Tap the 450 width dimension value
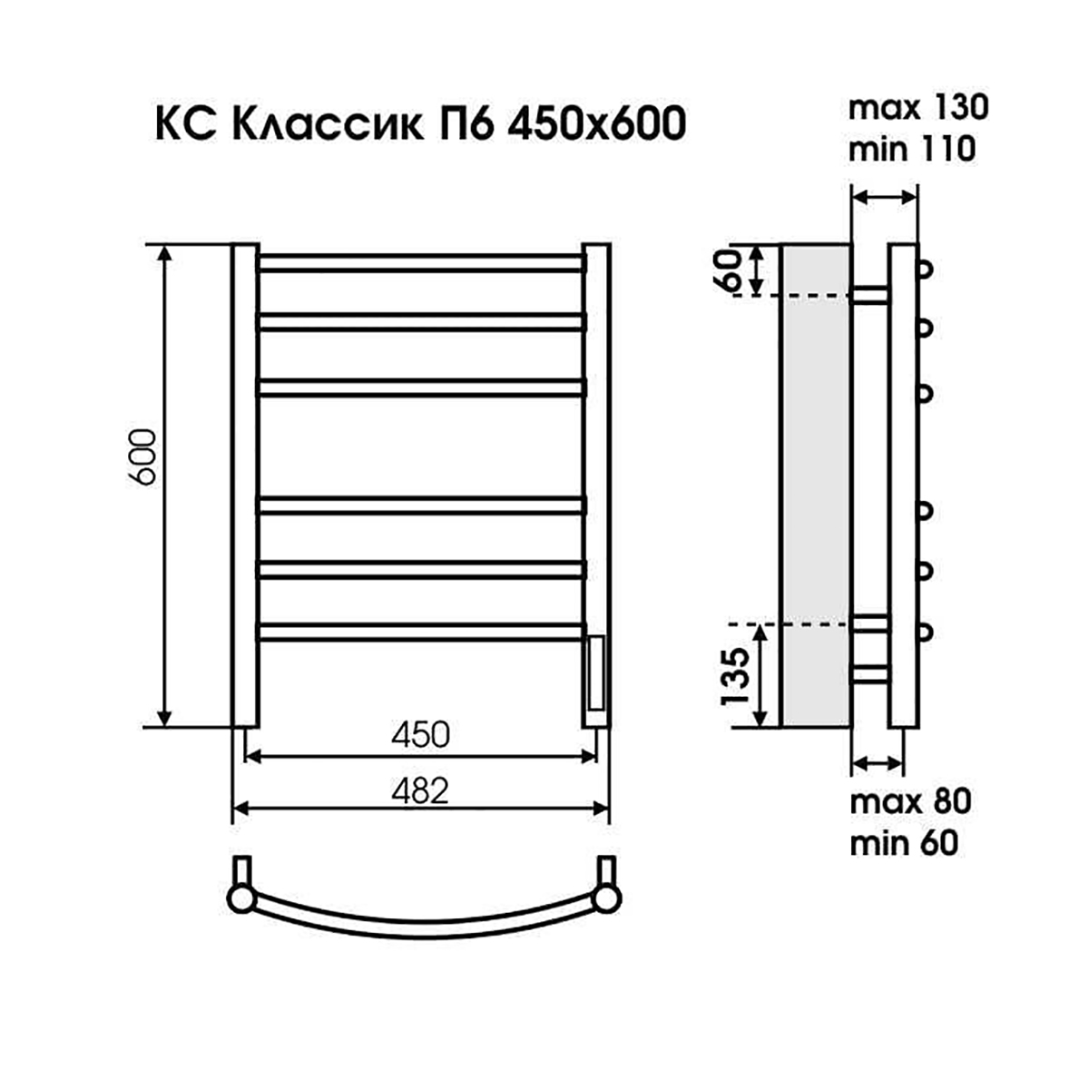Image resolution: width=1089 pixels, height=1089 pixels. pos(420,734)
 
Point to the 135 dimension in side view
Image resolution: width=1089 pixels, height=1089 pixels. pos(738,677)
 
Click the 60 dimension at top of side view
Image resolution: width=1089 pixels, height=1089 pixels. pos(737,270)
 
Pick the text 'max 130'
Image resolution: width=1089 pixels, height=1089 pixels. pos(917,108)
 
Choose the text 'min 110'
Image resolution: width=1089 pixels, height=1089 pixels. pos(912,148)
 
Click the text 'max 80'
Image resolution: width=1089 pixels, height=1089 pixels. pos(910,802)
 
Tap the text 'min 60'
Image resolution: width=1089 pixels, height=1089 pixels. pos(904,843)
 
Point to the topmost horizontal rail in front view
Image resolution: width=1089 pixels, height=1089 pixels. pos(421,264)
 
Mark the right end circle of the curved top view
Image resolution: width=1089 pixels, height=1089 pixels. pos(606,898)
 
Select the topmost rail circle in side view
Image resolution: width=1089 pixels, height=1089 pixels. pos(926,269)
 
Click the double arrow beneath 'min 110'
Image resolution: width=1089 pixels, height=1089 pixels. pos(885,196)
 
